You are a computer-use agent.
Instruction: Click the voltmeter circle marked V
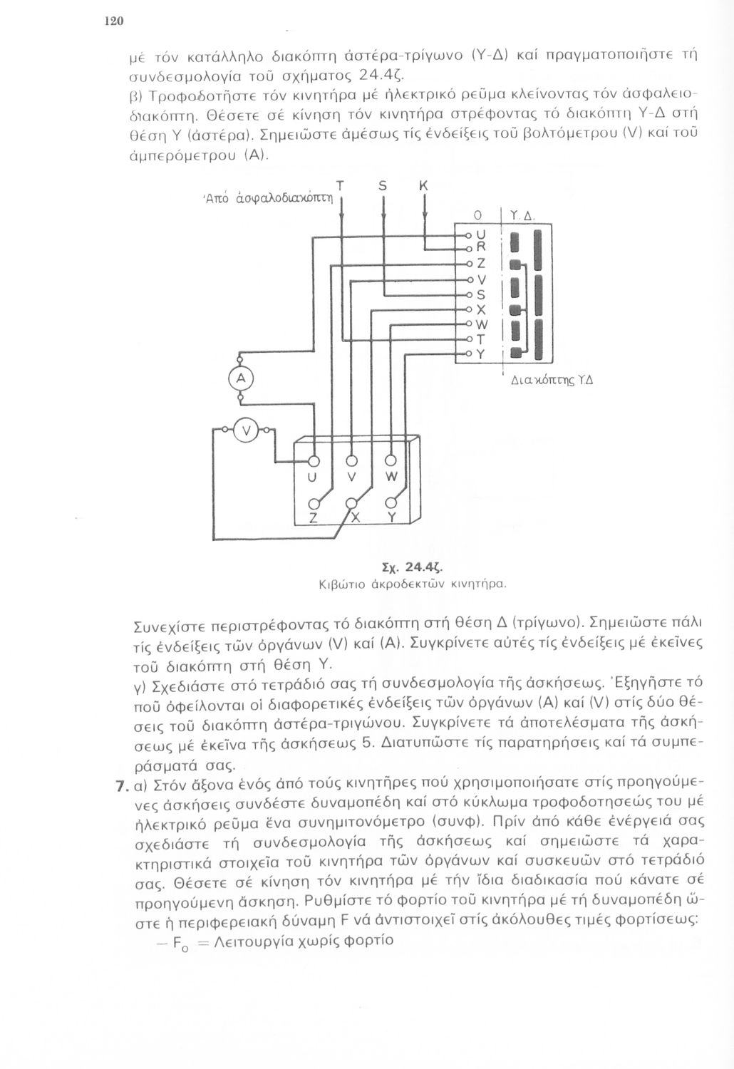coord(247,430)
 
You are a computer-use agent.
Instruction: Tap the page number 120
coord(114,21)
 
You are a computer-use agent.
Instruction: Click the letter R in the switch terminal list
coord(480,247)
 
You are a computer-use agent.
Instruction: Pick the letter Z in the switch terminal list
coord(480,263)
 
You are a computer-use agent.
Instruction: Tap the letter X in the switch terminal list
coord(480,309)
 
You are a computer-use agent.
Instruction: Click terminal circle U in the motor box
coord(311,460)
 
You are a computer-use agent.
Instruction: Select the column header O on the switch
coord(478,215)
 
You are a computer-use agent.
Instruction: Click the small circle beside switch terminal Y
coord(469,353)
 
